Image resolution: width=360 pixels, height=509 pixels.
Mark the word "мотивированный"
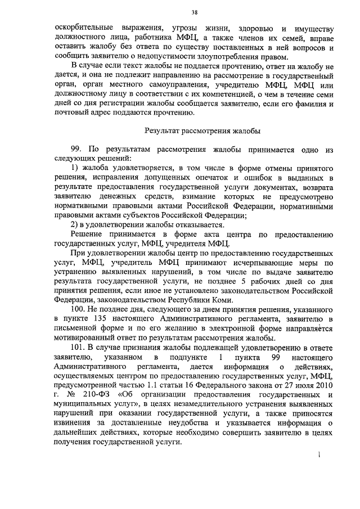(x=81, y=339)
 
